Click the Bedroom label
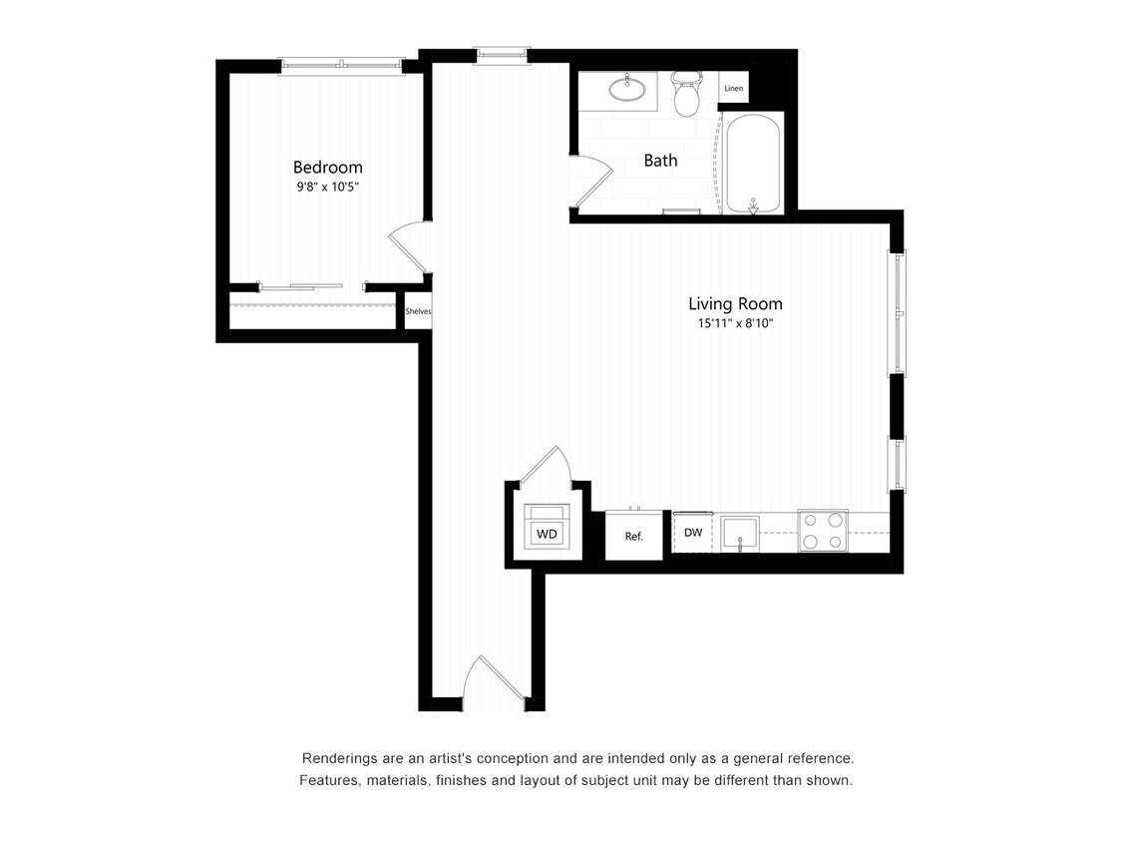click(x=327, y=167)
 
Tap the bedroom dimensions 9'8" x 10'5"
click(x=327, y=187)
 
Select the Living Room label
click(x=735, y=303)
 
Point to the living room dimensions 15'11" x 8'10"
click(x=735, y=323)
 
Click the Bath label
click(x=660, y=160)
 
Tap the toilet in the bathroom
click(x=687, y=94)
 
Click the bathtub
click(x=754, y=164)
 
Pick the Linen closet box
click(x=734, y=89)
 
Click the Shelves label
click(x=418, y=311)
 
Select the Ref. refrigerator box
click(x=634, y=536)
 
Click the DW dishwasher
click(x=693, y=533)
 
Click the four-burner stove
click(x=823, y=531)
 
